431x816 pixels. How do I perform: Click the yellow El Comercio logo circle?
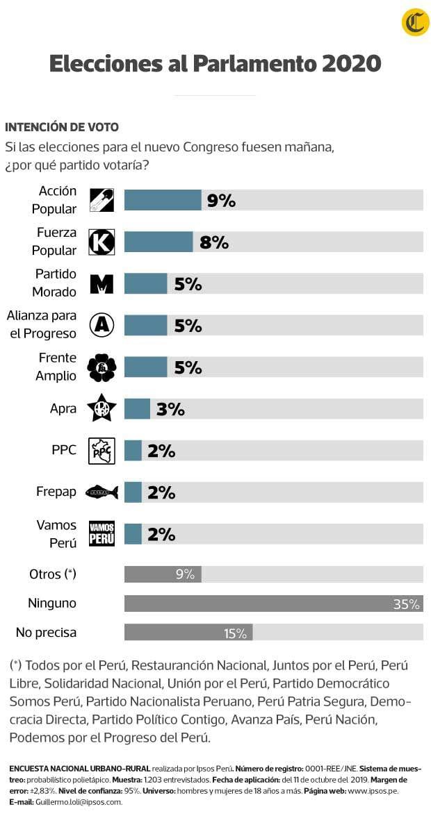click(415, 23)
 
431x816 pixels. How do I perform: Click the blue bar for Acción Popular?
click(163, 200)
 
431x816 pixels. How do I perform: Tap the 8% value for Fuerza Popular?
click(213, 242)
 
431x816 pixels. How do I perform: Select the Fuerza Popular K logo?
click(102, 242)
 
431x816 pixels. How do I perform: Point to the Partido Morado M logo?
click(102, 283)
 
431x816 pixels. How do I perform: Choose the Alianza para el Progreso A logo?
click(102, 325)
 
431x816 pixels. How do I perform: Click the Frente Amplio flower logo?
click(102, 367)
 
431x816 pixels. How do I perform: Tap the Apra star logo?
click(102, 408)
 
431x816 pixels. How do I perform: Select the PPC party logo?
click(102, 450)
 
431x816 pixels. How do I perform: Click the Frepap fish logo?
click(102, 492)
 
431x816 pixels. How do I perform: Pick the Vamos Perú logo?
click(102, 533)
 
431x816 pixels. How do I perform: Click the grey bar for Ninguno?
click(273, 603)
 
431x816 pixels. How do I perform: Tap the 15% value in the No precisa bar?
click(235, 633)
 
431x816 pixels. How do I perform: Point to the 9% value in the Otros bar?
click(185, 574)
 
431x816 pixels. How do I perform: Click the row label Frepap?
click(56, 492)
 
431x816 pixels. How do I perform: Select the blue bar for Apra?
click(137, 408)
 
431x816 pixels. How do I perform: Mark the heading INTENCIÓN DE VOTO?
click(62, 127)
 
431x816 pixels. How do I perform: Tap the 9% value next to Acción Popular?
click(221, 201)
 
